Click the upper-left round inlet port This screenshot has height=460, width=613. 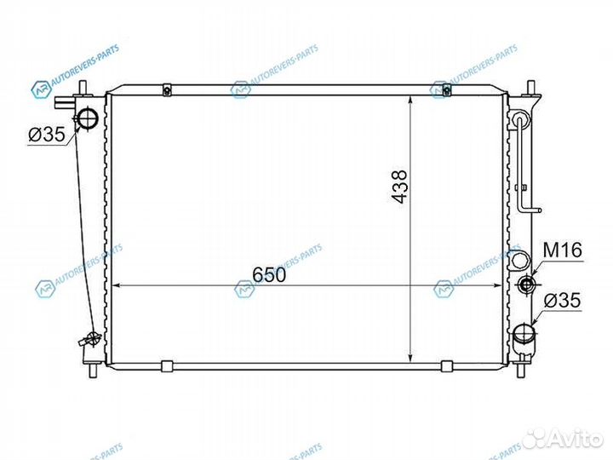click(88, 118)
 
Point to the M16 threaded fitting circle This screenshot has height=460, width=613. click(525, 285)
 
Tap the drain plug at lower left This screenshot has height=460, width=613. click(85, 341)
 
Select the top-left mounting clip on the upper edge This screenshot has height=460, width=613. click(168, 89)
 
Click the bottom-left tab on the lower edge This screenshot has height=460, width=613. click(168, 366)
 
